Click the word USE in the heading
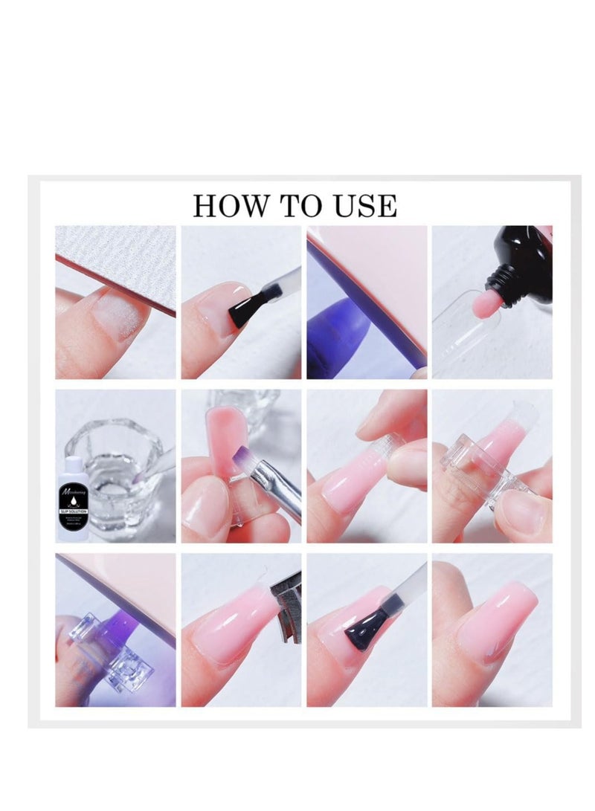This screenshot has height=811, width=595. [365, 205]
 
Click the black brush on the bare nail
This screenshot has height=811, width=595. [249, 310]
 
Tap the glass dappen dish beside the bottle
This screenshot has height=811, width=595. [130, 461]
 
